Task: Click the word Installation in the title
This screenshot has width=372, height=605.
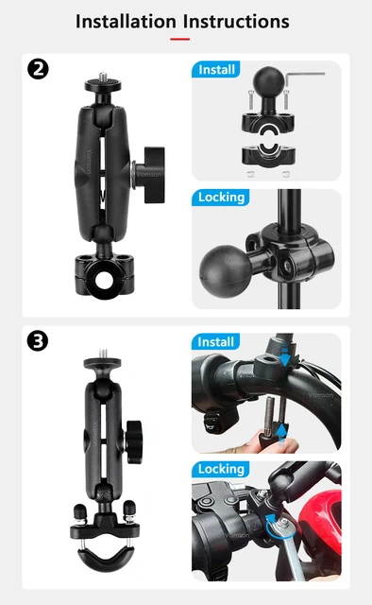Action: click(x=125, y=21)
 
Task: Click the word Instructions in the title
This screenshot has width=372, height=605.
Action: click(x=236, y=21)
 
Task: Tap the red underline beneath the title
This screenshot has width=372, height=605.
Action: click(x=179, y=39)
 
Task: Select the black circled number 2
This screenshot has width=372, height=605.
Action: click(x=39, y=70)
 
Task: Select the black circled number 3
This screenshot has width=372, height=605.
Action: click(x=39, y=341)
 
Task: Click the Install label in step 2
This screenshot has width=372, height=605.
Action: click(x=216, y=69)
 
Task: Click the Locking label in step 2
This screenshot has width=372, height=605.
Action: click(x=221, y=198)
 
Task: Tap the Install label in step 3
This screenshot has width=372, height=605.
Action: click(x=216, y=341)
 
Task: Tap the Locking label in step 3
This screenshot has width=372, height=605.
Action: click(x=221, y=470)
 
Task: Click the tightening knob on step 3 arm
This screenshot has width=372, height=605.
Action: click(x=135, y=437)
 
